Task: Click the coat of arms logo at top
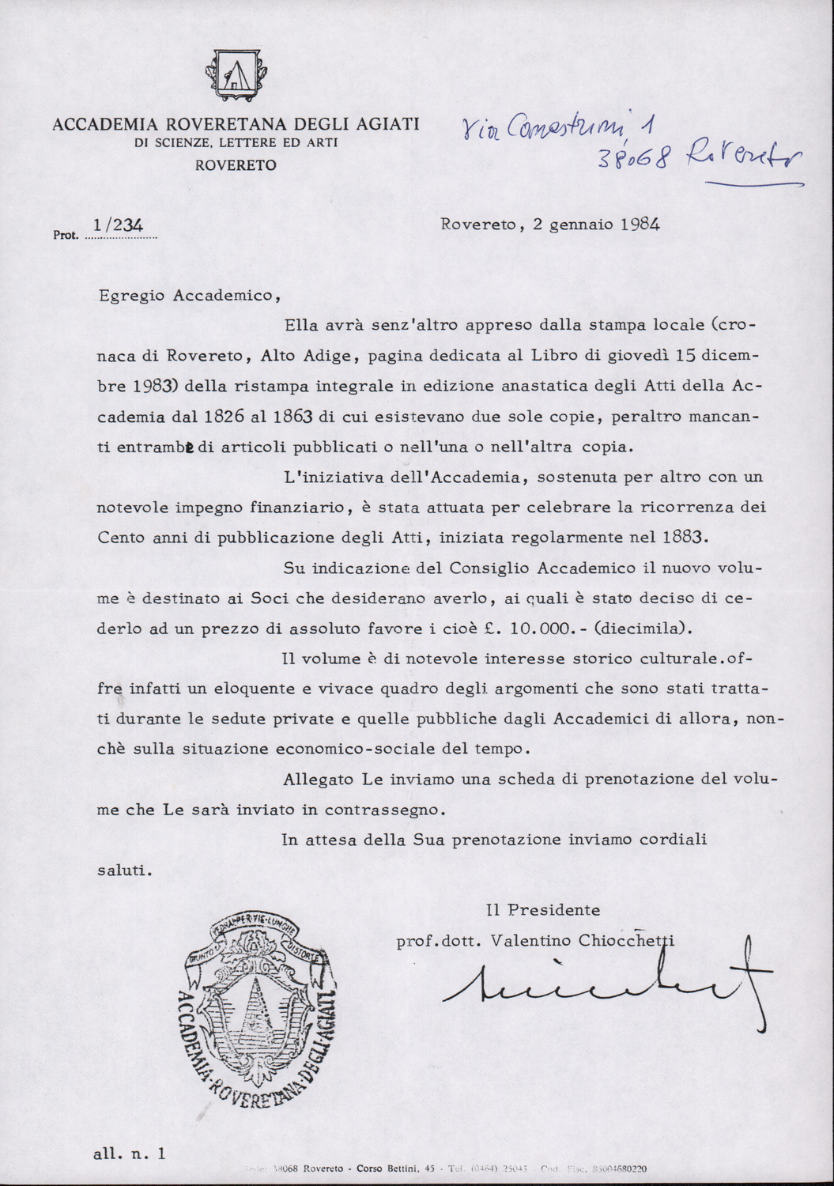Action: pos(236,75)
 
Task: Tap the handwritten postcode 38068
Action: pos(635,159)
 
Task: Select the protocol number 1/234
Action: pos(118,225)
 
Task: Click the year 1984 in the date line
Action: pos(640,224)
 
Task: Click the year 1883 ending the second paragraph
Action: pos(681,537)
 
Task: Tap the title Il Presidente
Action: pos(543,910)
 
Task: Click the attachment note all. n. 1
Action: pos(130,1154)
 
